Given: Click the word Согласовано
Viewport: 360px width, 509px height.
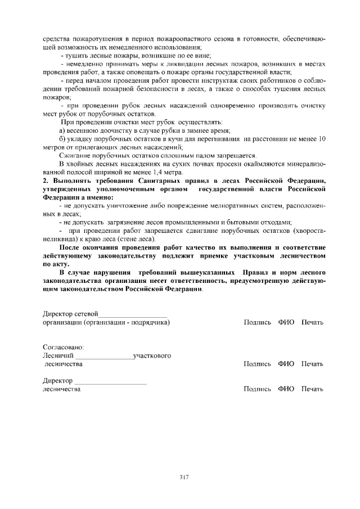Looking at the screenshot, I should (63, 348).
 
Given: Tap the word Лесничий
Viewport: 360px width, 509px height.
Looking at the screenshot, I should (58, 355).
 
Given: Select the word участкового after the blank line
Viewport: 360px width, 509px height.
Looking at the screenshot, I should (152, 355).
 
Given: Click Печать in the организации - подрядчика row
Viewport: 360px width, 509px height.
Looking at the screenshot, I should (312, 322).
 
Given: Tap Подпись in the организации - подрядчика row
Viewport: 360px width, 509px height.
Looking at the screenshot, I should (258, 322).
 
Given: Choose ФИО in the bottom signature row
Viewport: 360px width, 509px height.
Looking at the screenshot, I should (286, 389).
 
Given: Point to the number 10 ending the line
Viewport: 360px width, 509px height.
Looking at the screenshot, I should (322, 139).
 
